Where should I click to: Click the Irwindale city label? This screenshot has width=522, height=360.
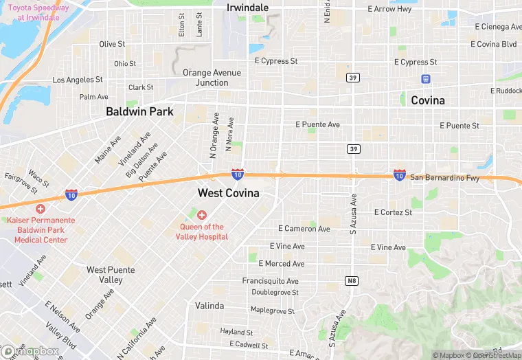pos(247,8)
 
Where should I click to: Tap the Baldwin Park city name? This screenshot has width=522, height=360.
pos(139,111)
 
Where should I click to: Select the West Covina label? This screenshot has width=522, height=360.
pos(229,193)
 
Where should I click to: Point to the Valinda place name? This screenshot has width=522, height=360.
pos(209,305)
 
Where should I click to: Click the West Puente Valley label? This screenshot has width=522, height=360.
pos(105,275)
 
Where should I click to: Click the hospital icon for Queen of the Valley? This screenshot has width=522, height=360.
pos(202,215)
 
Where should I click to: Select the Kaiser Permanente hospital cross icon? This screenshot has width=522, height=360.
pos(41,208)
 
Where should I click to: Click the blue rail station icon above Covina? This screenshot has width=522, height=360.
pos(426,79)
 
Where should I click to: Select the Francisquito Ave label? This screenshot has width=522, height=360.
pos(270,281)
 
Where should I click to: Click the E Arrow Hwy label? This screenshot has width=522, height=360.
pos(390,9)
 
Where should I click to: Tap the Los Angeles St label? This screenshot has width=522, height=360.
pos(78,80)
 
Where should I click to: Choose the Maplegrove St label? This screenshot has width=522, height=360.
pos(272,311)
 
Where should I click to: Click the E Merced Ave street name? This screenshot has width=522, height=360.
pos(281,264)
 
